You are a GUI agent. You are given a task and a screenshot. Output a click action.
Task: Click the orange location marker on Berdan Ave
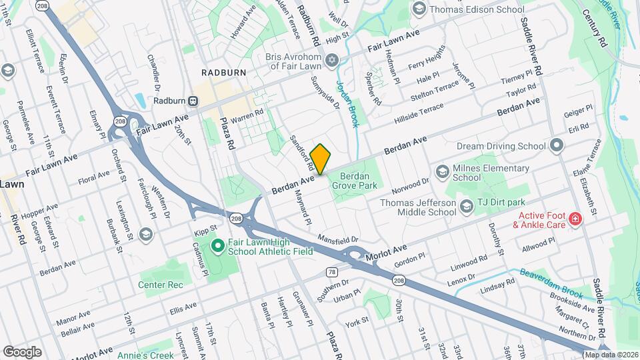(320, 159)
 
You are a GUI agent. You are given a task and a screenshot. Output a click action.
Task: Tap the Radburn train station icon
(193, 101)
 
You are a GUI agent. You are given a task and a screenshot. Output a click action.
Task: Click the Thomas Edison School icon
(419, 9)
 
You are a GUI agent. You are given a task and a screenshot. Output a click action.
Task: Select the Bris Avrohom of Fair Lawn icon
(331, 62)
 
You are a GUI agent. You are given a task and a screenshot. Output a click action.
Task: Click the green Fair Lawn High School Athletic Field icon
(217, 247)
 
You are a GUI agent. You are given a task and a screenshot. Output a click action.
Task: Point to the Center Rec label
(160, 285)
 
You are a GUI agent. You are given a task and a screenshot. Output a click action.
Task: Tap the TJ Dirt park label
(502, 202)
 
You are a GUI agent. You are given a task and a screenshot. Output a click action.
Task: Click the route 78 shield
(331, 272)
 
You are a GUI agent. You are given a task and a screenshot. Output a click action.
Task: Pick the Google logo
(22, 351)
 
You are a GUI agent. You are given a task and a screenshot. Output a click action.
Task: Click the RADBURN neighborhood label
(225, 72)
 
